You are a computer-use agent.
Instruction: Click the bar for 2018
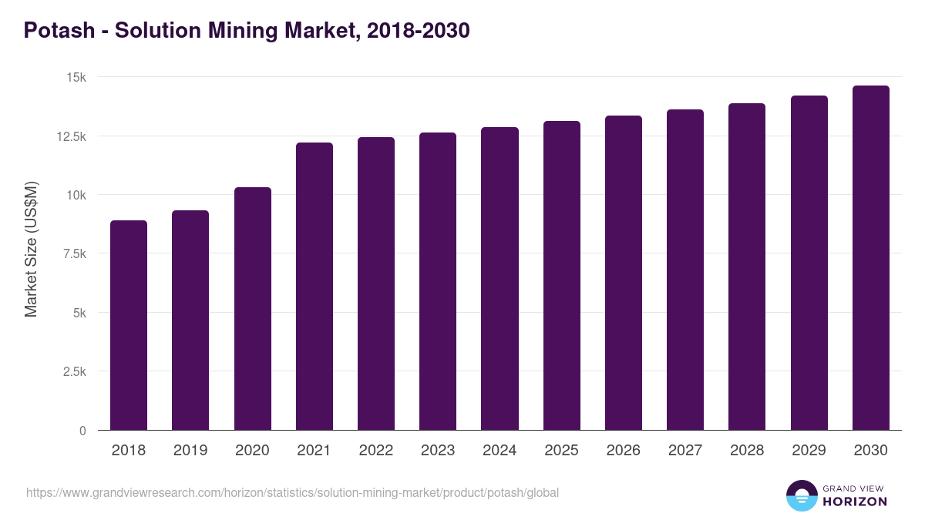[x=129, y=325]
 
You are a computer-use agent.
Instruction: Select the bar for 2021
[x=314, y=287]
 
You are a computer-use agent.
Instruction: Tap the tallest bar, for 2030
[x=870, y=258]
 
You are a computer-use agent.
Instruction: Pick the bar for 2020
[x=253, y=308]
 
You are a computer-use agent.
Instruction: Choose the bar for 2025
[x=562, y=276]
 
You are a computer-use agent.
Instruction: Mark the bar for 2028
[x=747, y=267]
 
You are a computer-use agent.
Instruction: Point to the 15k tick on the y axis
[x=75, y=77]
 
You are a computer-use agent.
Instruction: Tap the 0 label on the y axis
[x=82, y=431]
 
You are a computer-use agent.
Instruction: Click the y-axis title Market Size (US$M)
[x=31, y=249]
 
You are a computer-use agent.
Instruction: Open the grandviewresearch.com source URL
[x=292, y=492]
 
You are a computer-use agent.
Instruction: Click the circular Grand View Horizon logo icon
[x=801, y=495]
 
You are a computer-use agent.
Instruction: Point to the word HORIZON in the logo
[x=855, y=502]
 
